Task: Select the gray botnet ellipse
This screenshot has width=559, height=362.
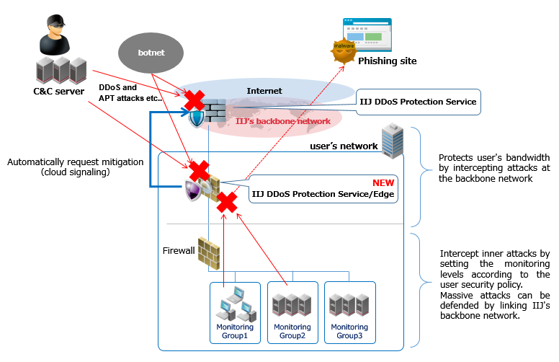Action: pos(151,53)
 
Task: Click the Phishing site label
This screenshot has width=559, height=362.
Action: pos(387,61)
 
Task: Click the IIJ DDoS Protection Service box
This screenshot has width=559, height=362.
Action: pos(418,102)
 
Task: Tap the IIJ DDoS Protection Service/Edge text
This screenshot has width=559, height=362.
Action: pos(323,194)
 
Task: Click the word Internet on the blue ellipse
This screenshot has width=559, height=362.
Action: pos(264,91)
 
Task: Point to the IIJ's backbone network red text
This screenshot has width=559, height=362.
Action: pos(283,121)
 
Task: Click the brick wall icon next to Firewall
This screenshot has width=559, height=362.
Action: pos(209,252)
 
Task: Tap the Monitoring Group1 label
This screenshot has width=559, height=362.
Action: pos(236,332)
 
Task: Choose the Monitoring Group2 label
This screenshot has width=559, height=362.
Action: pos(292,332)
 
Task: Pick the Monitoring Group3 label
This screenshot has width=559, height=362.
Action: pos(349,332)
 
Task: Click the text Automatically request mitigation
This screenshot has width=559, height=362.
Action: pos(76,162)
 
